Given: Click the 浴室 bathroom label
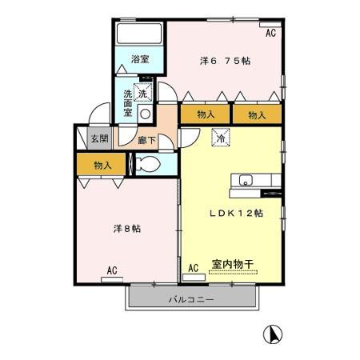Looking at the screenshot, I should [140, 58].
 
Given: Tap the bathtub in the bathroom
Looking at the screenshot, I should [140, 34].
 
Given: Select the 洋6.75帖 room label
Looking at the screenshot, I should [225, 60].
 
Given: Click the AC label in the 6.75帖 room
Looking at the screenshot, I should [270, 33].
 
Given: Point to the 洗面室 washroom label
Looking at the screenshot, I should [127, 103].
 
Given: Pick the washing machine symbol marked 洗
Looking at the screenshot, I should [142, 93].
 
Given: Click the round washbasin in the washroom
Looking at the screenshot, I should [145, 113].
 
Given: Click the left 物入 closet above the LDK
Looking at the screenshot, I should [206, 114].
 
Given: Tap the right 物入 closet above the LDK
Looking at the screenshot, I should [257, 114].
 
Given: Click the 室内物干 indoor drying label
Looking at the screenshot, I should [234, 263].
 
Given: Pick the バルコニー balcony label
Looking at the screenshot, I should [192, 299].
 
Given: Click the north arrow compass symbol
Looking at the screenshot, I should [272, 333].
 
